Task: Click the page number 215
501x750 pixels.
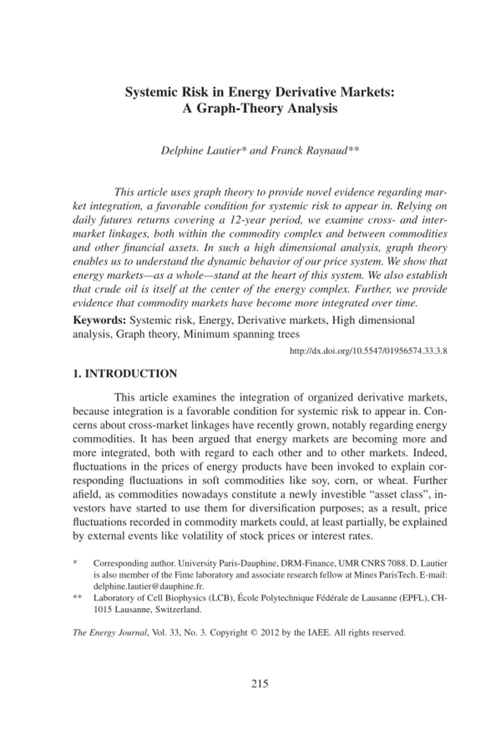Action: pyautogui.click(x=259, y=683)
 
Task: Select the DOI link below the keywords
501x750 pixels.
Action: pyautogui.click(x=368, y=351)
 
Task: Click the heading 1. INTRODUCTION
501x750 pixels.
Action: pyautogui.click(x=125, y=374)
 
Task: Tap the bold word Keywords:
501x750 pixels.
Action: pyautogui.click(x=99, y=320)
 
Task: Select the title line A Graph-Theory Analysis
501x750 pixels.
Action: pyautogui.click(x=259, y=108)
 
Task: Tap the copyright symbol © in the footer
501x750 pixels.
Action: pyautogui.click(x=253, y=632)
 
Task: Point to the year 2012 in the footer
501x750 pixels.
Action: pyautogui.click(x=270, y=632)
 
